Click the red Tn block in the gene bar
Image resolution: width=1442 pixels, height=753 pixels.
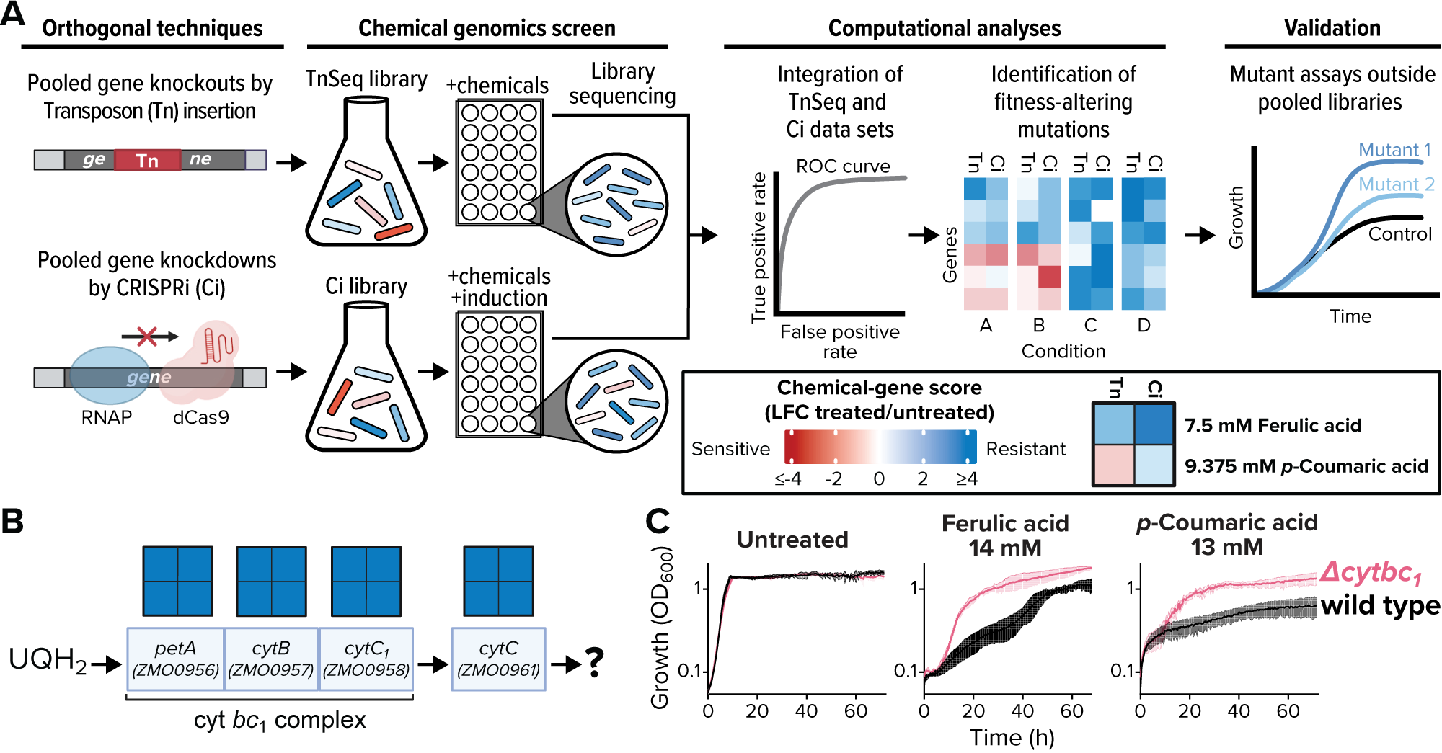(147, 160)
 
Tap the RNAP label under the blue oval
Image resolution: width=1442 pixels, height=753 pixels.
(106, 417)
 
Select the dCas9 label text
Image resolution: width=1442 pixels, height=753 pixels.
(201, 417)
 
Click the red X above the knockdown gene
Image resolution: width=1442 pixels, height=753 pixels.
(147, 336)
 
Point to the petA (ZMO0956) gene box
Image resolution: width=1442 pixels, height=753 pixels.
(175, 659)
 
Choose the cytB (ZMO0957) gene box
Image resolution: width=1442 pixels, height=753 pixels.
(271, 659)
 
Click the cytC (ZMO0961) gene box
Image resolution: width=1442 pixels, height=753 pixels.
(498, 659)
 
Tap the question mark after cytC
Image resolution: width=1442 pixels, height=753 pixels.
(594, 662)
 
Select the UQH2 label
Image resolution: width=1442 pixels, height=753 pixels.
(48, 660)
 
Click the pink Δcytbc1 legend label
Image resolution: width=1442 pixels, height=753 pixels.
(1371, 574)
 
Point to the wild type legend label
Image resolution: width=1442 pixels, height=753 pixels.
(1380, 606)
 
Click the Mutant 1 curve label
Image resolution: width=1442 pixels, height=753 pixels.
(1394, 150)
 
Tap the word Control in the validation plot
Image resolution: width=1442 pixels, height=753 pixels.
(1399, 234)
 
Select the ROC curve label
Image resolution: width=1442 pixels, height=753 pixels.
(843, 166)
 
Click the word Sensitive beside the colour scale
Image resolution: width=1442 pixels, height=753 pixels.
(730, 449)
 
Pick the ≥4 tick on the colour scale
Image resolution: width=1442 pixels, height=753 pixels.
(967, 479)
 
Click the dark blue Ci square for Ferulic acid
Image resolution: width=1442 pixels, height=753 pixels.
(1154, 424)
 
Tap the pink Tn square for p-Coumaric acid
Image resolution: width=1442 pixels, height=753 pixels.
(1114, 465)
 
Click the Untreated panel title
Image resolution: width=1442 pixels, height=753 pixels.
(792, 540)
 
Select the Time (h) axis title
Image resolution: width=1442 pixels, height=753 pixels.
(1012, 737)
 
